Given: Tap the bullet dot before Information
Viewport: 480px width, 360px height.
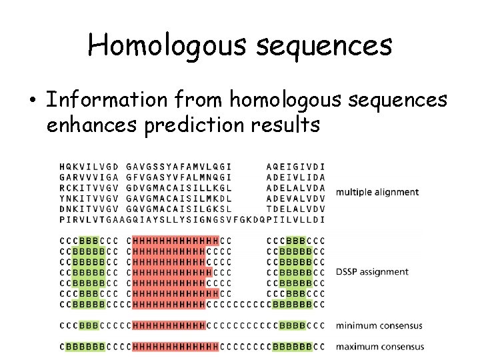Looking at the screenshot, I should click(32, 100).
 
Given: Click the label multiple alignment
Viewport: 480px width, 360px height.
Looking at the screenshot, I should click(377, 192).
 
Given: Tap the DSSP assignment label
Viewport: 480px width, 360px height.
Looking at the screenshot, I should click(372, 272).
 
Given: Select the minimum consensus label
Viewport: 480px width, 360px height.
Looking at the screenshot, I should click(379, 326).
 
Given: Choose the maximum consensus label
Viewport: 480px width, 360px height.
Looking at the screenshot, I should click(379, 347).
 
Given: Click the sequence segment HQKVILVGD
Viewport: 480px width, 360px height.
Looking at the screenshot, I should click(89, 166).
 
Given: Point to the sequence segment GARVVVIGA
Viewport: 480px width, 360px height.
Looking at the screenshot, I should click(89, 177).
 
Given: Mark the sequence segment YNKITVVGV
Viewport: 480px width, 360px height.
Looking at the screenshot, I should click(89, 198).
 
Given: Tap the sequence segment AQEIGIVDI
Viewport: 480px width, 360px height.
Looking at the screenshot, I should click(295, 166).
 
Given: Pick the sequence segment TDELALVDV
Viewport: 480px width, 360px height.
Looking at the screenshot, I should click(295, 209).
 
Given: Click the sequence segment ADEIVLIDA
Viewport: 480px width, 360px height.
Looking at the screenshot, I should click(295, 177).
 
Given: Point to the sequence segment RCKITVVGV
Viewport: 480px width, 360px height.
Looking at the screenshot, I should click(89, 187).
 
